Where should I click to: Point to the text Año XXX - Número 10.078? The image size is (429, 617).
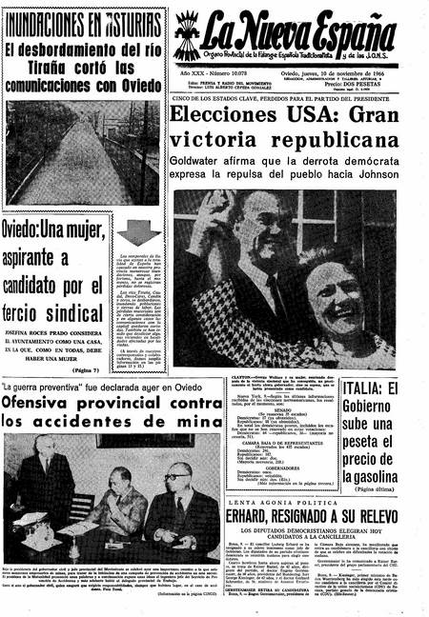click(x=210, y=74)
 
